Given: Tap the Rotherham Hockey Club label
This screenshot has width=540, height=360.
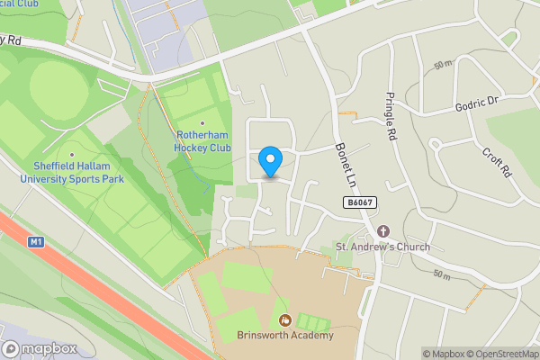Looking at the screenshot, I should point(202,142).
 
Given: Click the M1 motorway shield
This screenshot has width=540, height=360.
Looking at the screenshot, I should point(36,241).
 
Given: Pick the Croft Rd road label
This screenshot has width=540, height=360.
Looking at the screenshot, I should point(497,160).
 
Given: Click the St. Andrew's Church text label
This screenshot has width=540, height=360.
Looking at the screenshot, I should point(382,247).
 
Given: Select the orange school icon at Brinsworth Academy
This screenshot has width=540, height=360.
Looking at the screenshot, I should point(286,320).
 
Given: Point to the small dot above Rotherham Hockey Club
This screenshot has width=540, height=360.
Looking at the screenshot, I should point(202,124).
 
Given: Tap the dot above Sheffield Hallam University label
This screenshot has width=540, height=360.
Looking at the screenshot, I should point(71,154).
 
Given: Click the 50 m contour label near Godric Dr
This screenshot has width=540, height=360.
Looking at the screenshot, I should point(441,66).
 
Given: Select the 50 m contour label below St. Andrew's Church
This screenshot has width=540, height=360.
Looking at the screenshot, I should point(440,274).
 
